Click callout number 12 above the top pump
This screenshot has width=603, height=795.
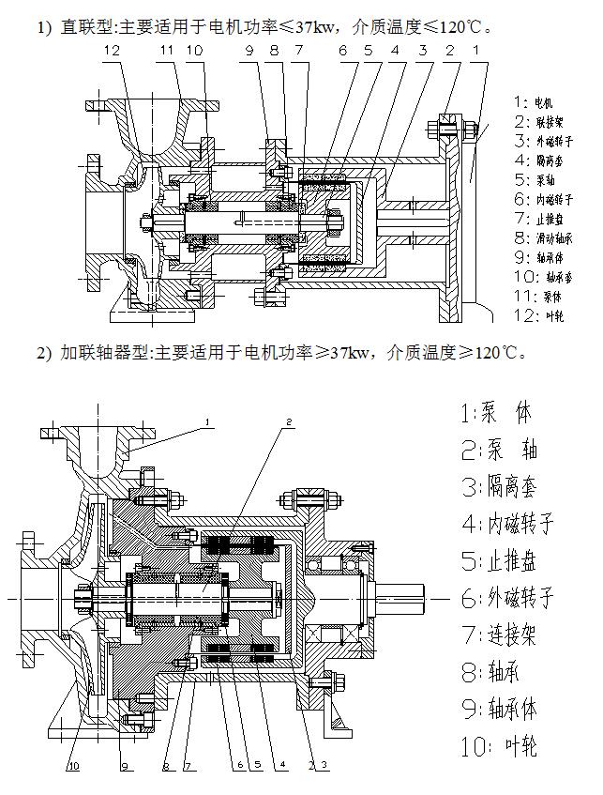pyautogui.click(x=113, y=49)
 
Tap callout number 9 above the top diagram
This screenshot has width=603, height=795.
pyautogui.click(x=250, y=49)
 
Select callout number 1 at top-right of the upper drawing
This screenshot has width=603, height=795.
pyautogui.click(x=476, y=49)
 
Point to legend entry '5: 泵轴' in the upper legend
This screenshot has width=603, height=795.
pyautogui.click(x=535, y=179)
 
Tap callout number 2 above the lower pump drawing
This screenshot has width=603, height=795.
pyautogui.click(x=291, y=421)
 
